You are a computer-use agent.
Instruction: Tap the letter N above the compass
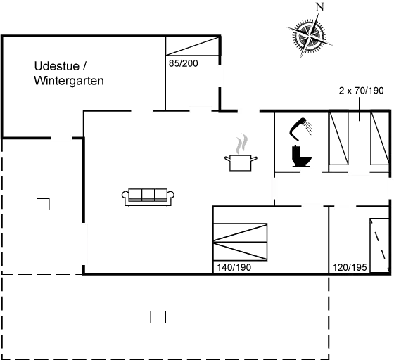[320, 7]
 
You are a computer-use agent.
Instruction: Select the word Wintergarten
[68, 81]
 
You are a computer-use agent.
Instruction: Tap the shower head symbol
[303, 127]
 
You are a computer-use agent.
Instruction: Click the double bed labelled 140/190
[241, 243]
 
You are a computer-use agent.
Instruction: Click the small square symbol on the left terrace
[43, 205]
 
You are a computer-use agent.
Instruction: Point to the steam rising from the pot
[242, 145]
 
